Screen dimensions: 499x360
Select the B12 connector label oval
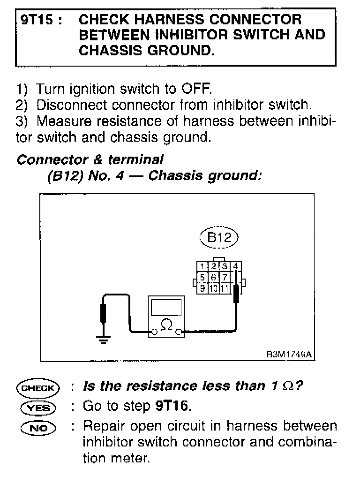click(219, 238)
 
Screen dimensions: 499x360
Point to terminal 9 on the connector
click(202, 288)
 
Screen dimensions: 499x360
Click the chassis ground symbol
click(105, 339)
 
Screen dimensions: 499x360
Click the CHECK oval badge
click(37, 388)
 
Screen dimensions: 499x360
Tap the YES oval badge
click(37, 407)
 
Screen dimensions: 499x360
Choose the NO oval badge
click(37, 427)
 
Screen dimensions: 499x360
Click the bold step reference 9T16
click(172, 406)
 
